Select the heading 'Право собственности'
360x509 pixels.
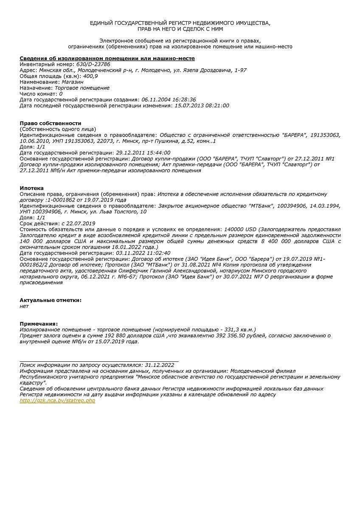click(x=50, y=123)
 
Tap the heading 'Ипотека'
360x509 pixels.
click(x=32, y=188)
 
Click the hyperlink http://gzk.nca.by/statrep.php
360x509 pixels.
click(x=57, y=400)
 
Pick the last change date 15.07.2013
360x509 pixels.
click(x=190, y=106)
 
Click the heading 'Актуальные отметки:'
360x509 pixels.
click(x=51, y=300)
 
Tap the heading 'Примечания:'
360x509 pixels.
click(x=39, y=324)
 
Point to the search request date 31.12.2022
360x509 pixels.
click(x=160, y=365)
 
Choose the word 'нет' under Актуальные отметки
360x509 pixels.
click(x=24, y=306)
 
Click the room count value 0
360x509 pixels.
click(x=61, y=94)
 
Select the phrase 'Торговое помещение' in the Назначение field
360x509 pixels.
click(x=82, y=88)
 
